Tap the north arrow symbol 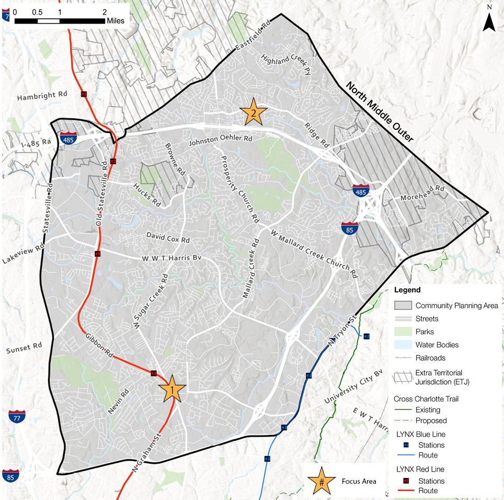point(489,20)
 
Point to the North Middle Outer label point(379,112)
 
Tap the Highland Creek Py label point(286,66)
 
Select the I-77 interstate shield point(16,417)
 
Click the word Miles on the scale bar point(116,21)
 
